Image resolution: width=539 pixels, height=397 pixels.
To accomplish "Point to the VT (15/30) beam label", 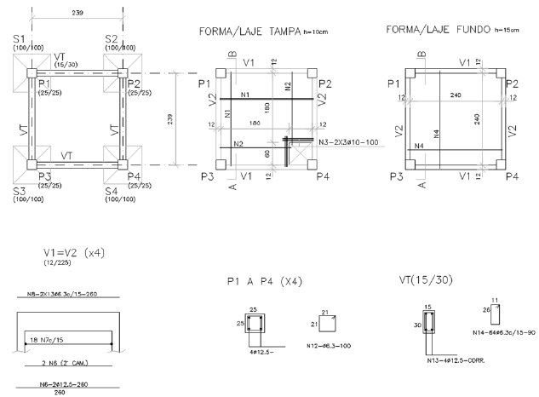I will [63, 60].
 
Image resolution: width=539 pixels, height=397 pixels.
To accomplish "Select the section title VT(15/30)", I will [425, 279].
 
